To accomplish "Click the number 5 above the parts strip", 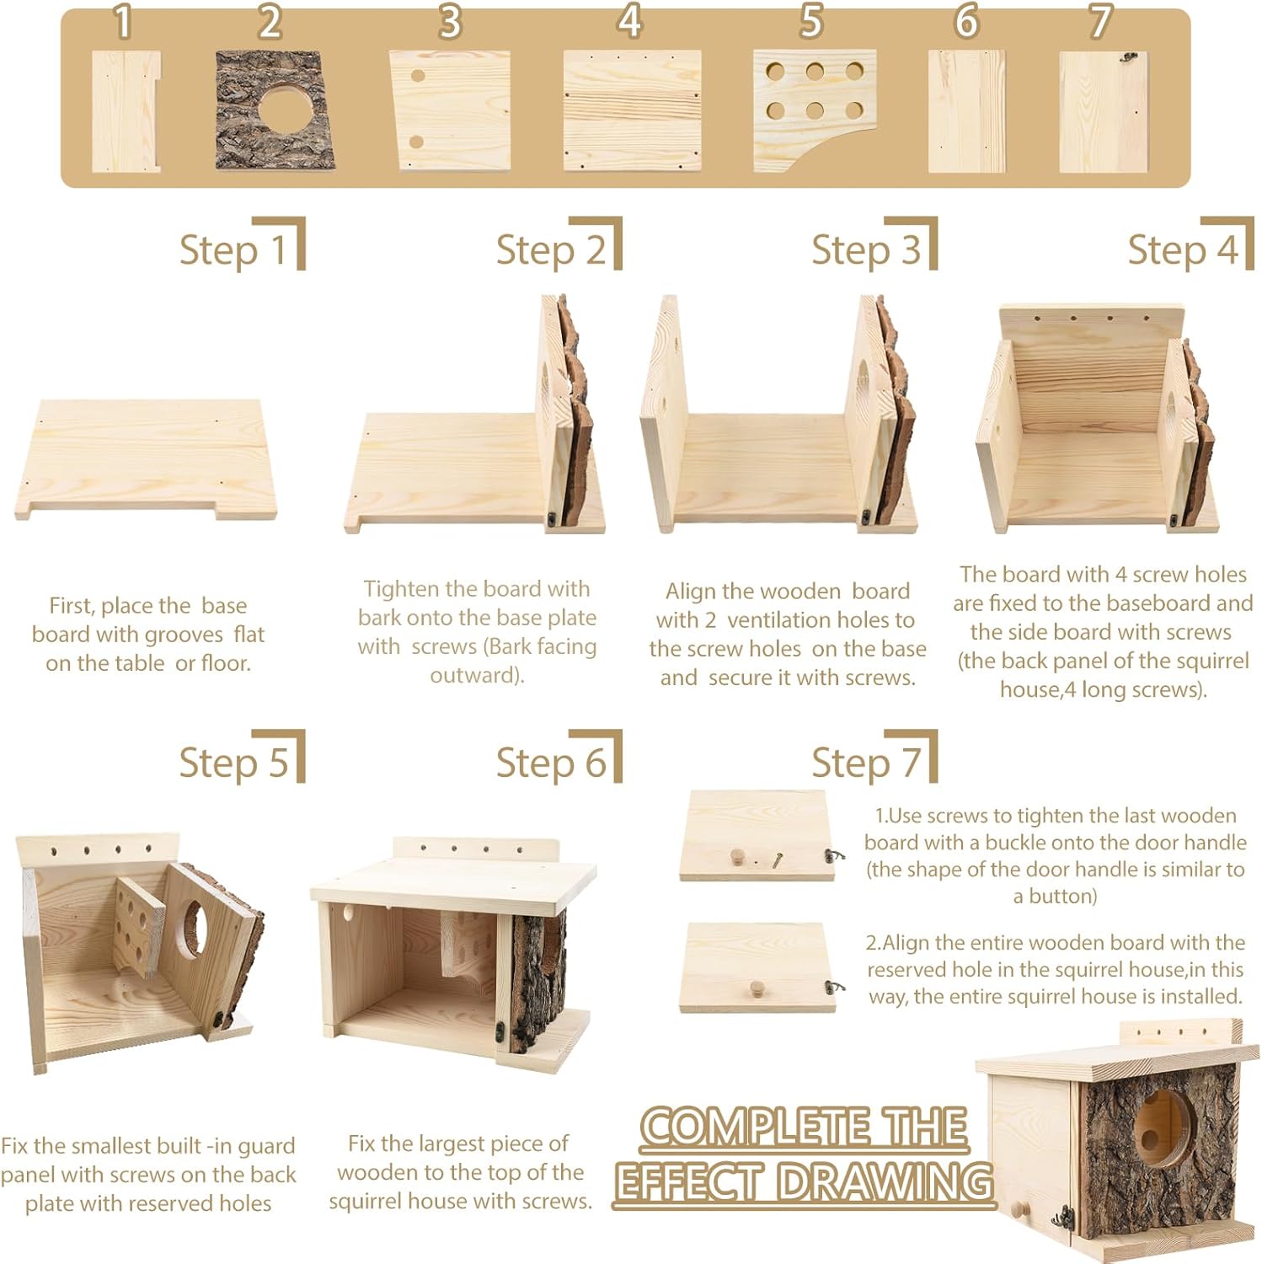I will (x=810, y=21).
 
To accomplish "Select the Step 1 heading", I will (x=233, y=250).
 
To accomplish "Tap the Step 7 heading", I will (x=866, y=763).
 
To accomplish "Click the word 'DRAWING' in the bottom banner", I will (x=885, y=1181).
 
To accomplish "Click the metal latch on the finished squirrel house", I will (x=1067, y=1216).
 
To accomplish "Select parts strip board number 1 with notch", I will (x=124, y=111).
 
